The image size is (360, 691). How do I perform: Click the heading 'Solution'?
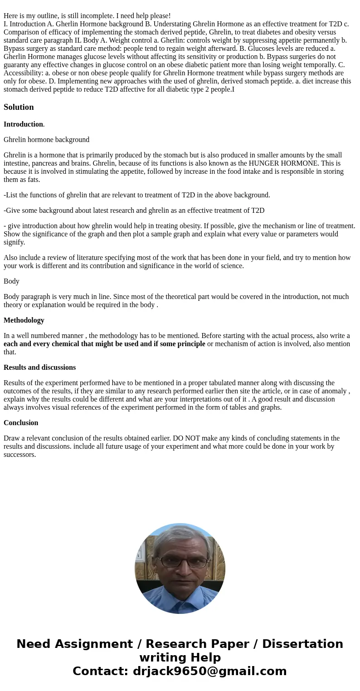[19, 107]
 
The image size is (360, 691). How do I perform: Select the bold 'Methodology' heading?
[24, 320]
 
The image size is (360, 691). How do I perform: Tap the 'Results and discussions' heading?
[39, 368]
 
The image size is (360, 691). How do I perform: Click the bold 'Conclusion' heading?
[21, 423]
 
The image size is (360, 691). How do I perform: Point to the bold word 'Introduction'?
[23, 124]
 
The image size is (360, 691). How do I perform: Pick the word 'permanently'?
[323, 40]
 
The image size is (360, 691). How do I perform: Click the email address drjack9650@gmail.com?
[209, 671]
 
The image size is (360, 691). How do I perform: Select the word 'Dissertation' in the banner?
[302, 644]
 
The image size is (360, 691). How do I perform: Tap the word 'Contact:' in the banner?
[100, 671]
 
